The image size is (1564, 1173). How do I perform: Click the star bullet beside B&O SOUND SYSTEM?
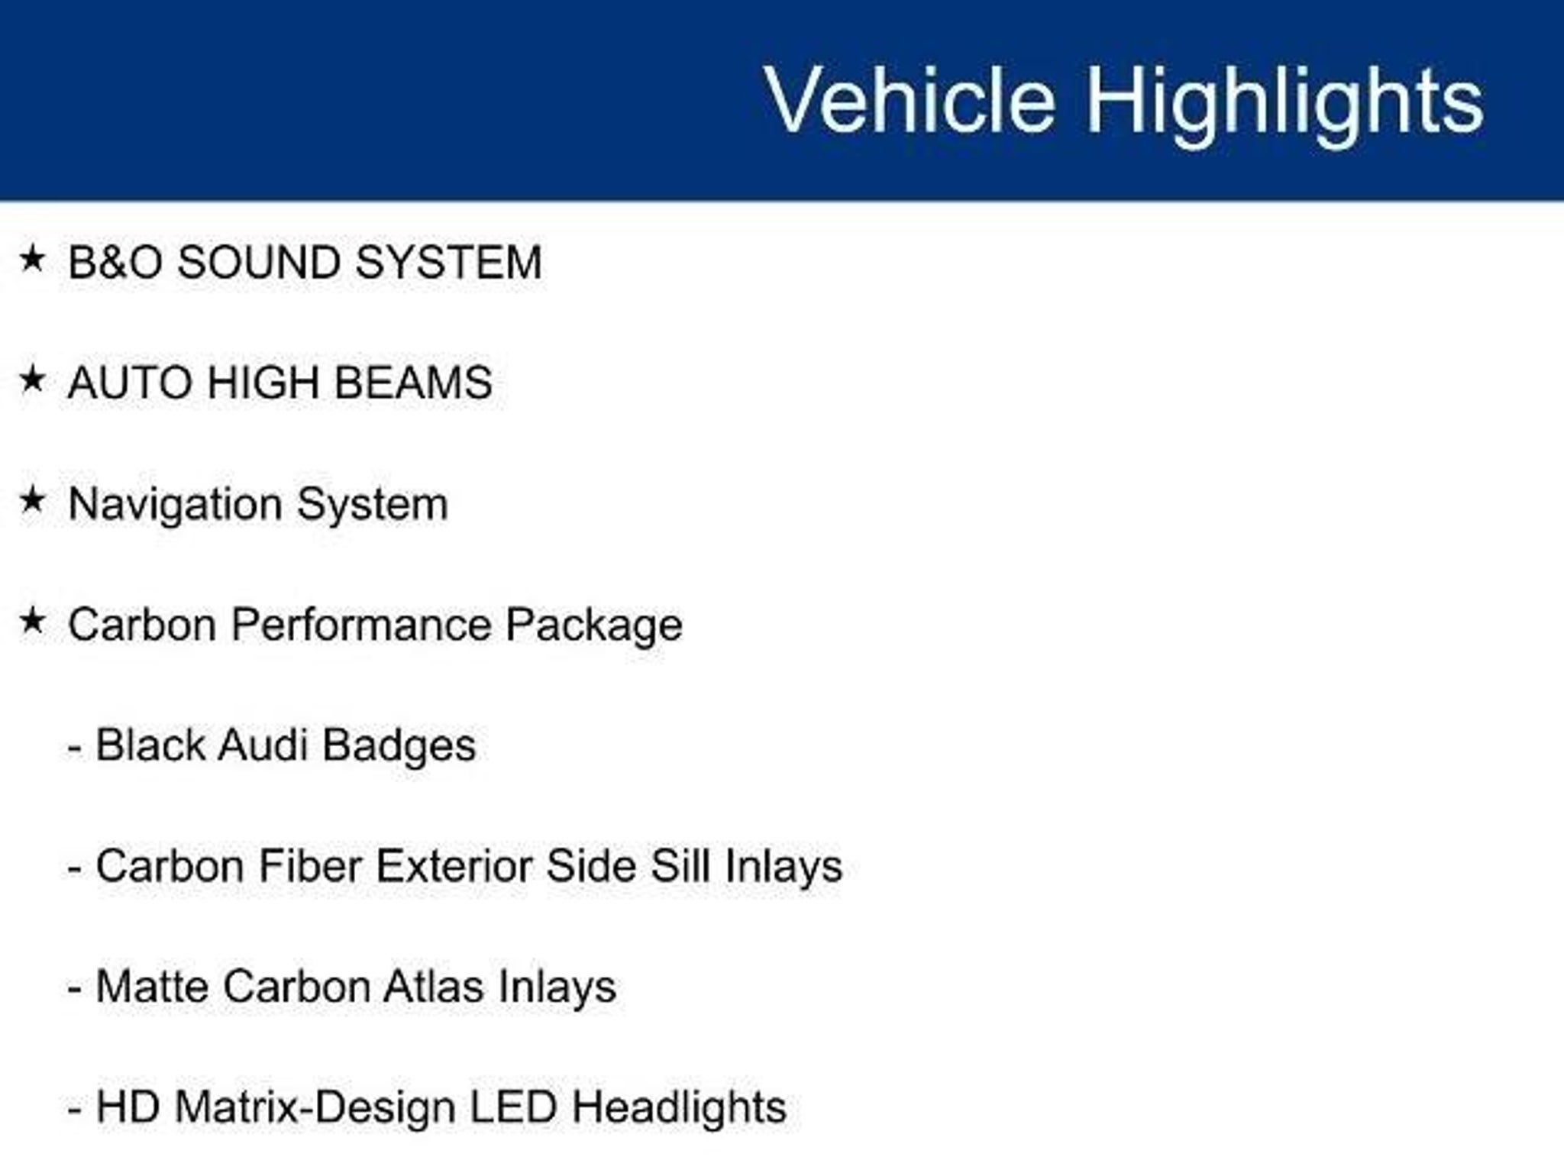pos(33,258)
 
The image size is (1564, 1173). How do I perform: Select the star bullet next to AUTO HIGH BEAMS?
pos(33,379)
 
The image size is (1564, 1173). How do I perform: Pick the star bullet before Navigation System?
pos(33,500)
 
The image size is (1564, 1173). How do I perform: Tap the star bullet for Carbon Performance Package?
pos(33,621)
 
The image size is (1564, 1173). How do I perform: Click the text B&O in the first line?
pos(115,262)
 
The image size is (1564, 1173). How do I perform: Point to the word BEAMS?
pos(413,383)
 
